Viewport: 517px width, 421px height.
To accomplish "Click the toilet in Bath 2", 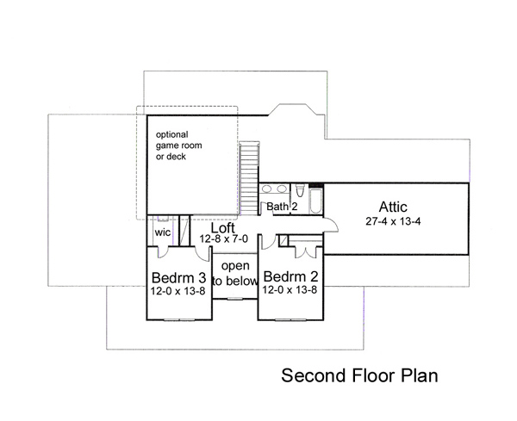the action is tap(300, 191).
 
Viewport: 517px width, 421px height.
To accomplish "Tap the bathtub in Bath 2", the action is tap(316, 201).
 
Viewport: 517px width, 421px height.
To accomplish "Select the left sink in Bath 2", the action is tap(266, 189).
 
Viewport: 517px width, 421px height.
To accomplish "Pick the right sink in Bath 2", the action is tap(282, 189).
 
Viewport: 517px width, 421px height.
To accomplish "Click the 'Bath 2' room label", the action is tap(282, 207).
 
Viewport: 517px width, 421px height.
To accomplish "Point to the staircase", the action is tap(249, 178).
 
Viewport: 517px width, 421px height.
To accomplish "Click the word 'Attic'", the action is tap(393, 207).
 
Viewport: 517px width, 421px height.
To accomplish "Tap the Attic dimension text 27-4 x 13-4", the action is tap(393, 221).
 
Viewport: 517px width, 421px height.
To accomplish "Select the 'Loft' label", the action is tap(223, 227).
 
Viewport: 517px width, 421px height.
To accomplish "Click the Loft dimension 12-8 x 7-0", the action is tap(223, 238).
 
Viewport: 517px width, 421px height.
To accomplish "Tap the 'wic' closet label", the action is tap(163, 232).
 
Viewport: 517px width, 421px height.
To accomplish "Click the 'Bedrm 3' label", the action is tap(178, 278).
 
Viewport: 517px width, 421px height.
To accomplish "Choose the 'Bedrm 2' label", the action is tap(291, 276).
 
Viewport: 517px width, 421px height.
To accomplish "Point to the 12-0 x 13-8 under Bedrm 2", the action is tap(290, 290).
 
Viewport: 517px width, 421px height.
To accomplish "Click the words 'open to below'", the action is tap(235, 274).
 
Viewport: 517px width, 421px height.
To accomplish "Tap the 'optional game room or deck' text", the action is tap(178, 145).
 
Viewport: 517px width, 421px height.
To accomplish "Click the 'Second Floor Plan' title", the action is tap(359, 375).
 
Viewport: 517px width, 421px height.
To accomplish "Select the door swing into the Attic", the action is tap(332, 225).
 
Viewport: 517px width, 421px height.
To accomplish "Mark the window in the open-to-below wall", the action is tap(234, 299).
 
